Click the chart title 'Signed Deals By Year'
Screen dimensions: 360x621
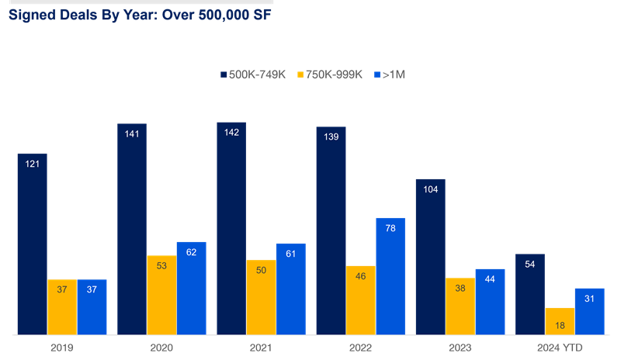(140, 15)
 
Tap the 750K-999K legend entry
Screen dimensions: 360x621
(330, 74)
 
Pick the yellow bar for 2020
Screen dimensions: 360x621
(161, 295)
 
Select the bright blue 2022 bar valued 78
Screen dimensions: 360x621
(390, 276)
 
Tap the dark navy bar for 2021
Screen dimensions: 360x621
(231, 229)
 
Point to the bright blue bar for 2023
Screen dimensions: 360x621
(490, 302)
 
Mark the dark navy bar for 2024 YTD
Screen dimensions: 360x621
(530, 294)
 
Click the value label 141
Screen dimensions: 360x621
(132, 135)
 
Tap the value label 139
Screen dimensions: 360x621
(331, 137)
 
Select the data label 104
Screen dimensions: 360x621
(430, 189)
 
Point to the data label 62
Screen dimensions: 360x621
(191, 252)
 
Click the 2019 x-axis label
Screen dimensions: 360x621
(61, 348)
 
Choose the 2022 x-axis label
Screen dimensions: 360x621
(360, 348)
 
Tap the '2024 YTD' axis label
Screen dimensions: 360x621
(559, 348)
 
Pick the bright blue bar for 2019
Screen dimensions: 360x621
(92, 307)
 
